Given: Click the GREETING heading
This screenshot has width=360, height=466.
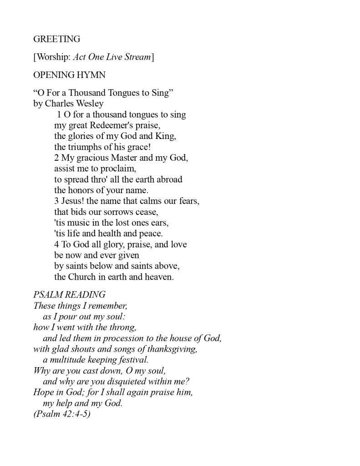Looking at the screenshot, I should click(56, 39).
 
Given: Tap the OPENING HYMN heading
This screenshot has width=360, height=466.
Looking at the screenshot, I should click(69, 75).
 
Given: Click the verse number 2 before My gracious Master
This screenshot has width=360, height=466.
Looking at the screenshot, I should click(56, 158).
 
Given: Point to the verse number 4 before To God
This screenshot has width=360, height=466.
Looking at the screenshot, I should click(56, 244).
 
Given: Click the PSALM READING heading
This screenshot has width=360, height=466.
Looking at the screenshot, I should click(69, 295).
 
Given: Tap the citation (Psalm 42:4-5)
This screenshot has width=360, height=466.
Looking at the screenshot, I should click(62, 414).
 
